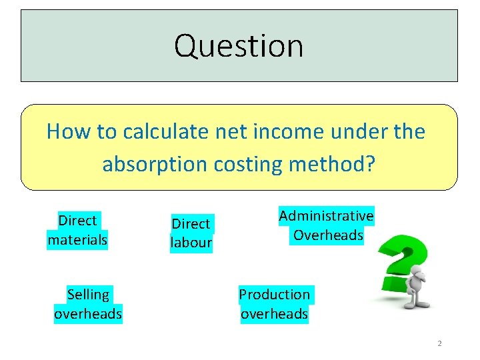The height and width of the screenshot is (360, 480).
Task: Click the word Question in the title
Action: coord(239,46)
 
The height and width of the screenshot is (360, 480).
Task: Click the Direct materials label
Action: coord(77,230)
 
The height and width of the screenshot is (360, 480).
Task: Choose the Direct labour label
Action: coord(191,233)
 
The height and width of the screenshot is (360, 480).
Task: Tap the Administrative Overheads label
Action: coord(327,225)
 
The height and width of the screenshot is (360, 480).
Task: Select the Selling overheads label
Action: coord(88,304)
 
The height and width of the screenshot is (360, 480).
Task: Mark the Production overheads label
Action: coord(275,304)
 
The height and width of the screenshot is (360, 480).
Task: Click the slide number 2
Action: coord(439,344)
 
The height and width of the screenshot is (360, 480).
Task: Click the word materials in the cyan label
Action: coord(77,240)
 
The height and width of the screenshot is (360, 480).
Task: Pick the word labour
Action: coord(191,243)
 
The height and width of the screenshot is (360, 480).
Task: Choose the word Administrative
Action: coord(327,216)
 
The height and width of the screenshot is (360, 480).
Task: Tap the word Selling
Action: coord(88,294)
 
